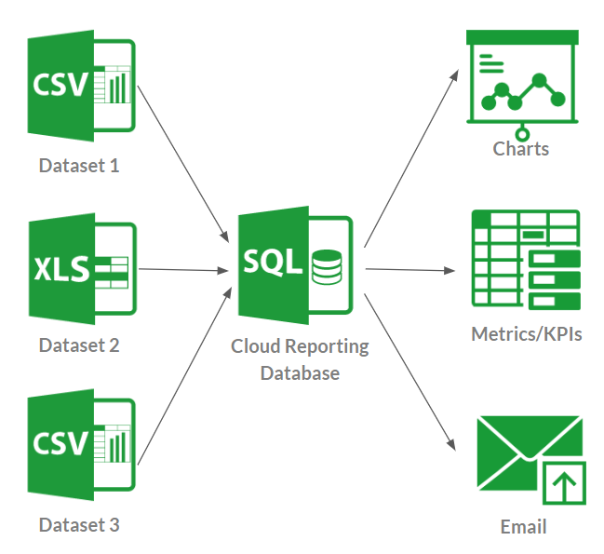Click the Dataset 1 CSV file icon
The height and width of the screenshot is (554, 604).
(x=81, y=86)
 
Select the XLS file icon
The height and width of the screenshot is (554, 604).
(x=81, y=269)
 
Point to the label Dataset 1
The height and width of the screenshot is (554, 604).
(x=79, y=167)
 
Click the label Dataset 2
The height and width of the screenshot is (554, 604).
(x=79, y=345)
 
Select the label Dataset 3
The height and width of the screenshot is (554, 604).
(x=79, y=525)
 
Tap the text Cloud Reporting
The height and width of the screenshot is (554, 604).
(x=300, y=347)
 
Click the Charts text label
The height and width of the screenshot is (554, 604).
(x=521, y=149)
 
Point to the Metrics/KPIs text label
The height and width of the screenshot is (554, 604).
(x=527, y=333)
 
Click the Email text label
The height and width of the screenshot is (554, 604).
(x=523, y=527)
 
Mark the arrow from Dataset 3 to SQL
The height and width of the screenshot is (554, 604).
(x=183, y=376)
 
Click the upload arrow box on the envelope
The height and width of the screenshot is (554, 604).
(x=564, y=482)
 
